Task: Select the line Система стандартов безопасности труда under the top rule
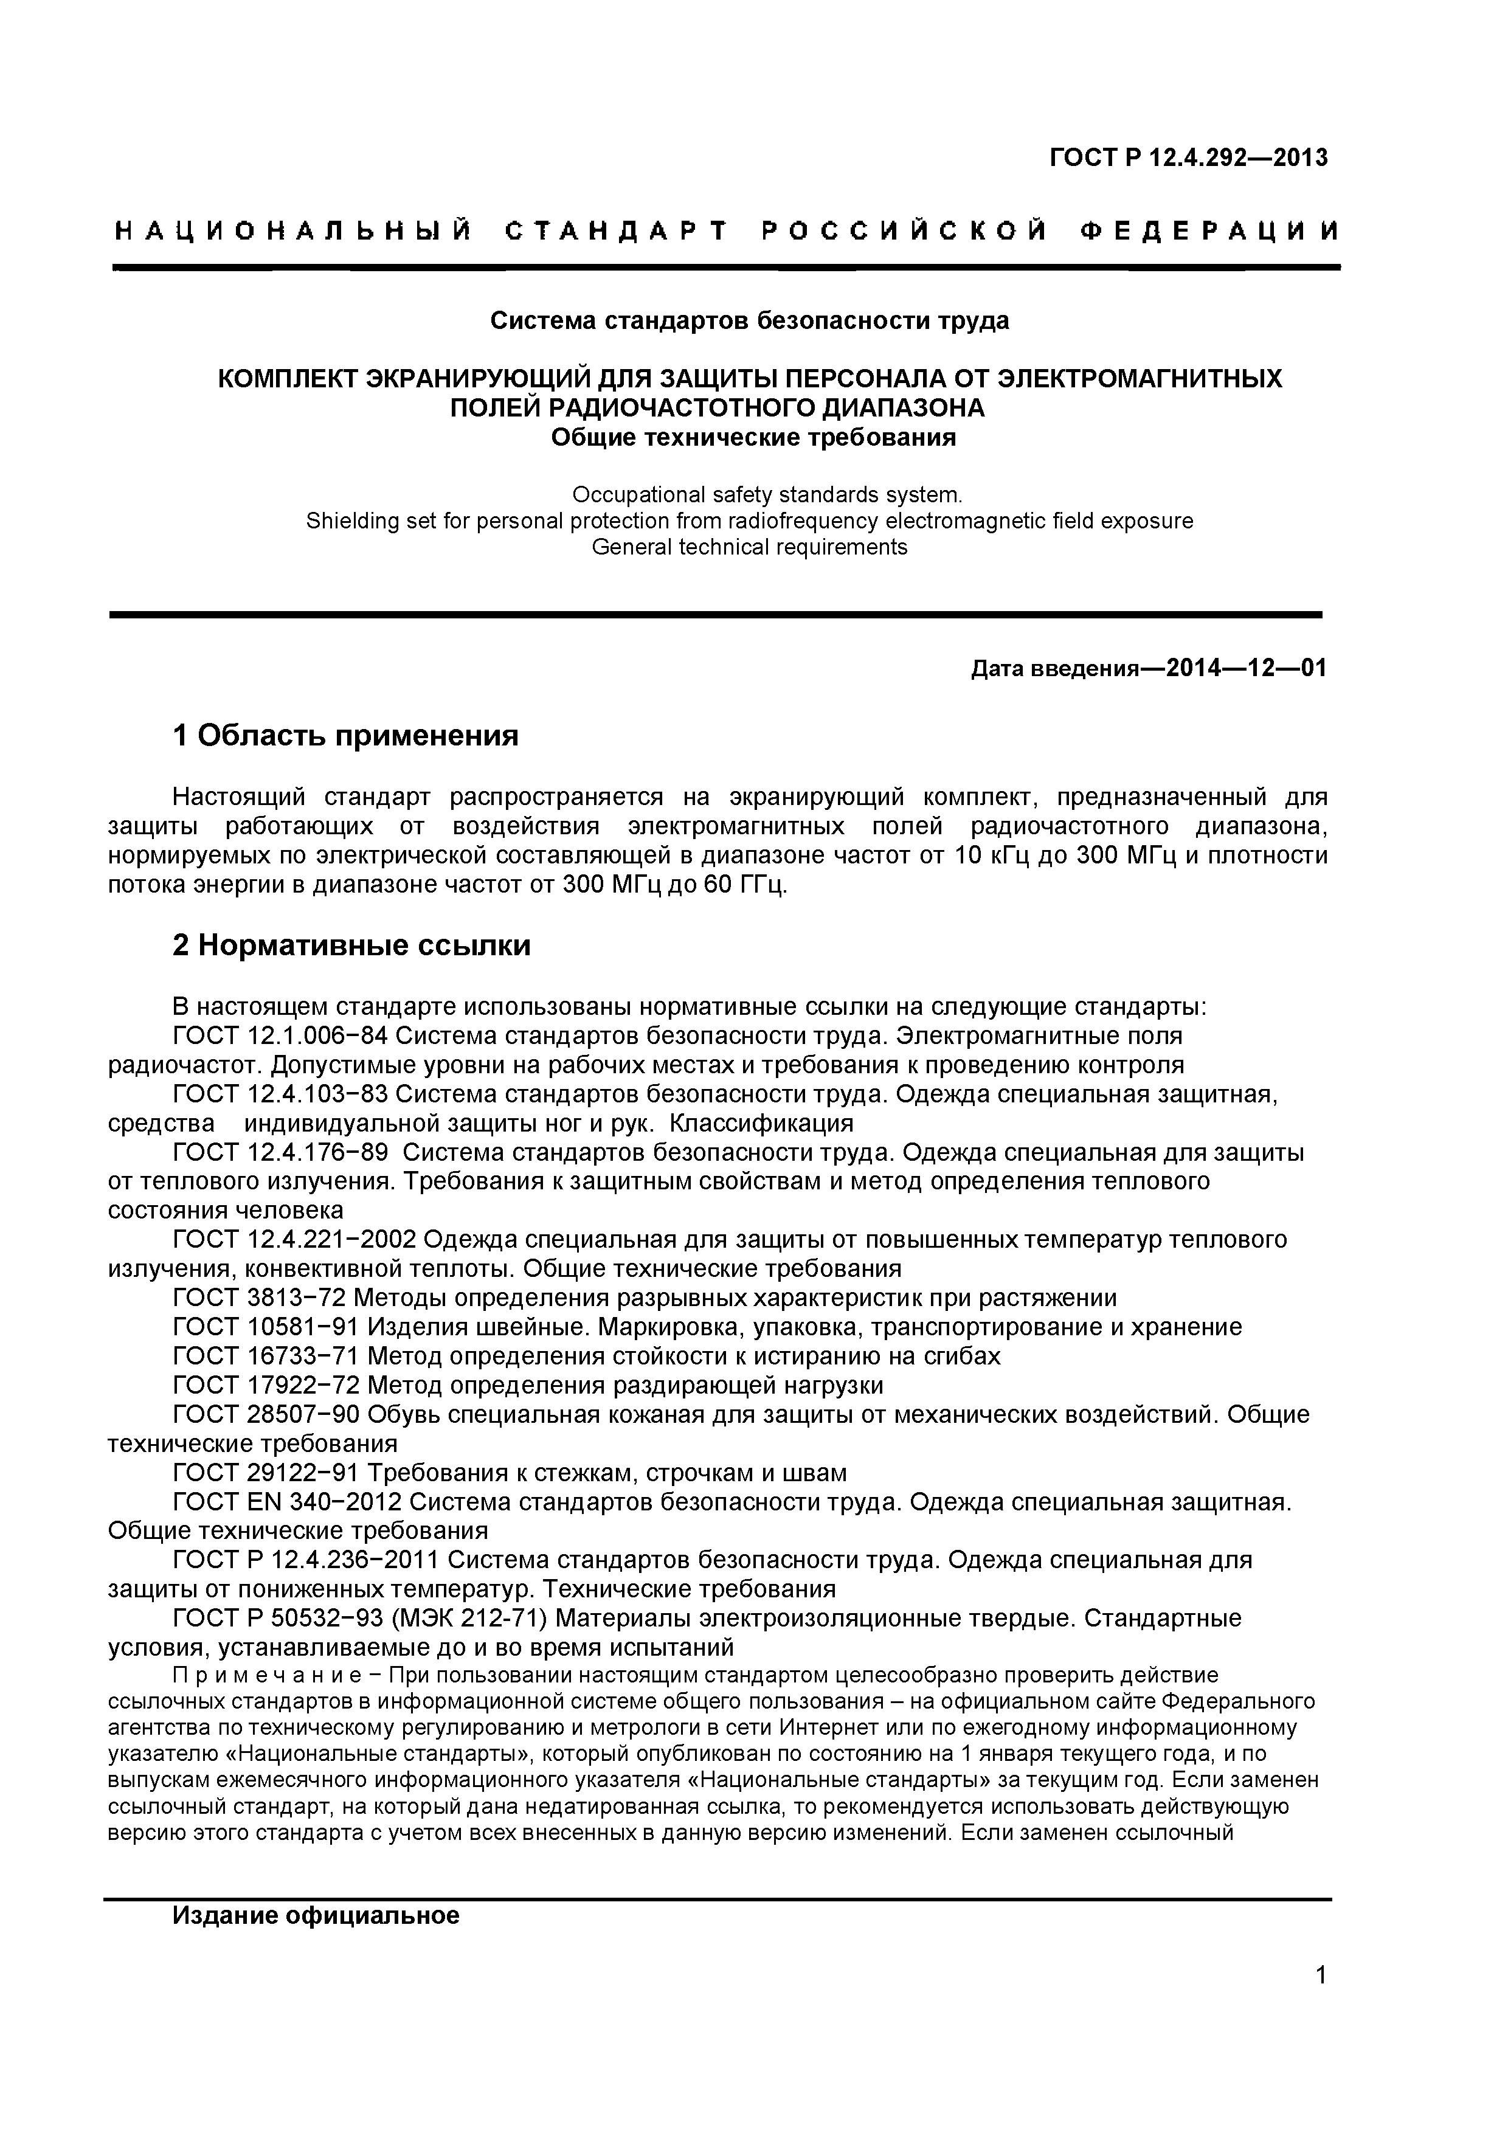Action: coord(749,322)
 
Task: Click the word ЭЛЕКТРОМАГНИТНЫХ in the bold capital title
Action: coord(1139,379)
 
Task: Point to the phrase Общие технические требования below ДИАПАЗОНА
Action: coord(753,437)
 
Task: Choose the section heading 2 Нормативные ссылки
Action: coord(352,946)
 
